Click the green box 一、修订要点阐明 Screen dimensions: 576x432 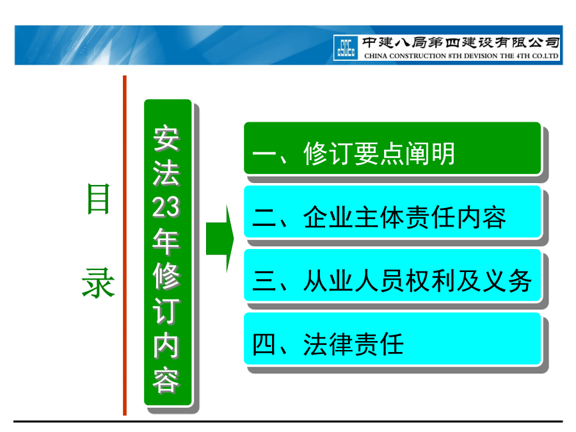tap(392, 148)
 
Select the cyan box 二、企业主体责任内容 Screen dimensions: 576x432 tap(392, 212)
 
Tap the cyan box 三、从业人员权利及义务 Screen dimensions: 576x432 tap(392, 275)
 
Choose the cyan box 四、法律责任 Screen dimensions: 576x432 tap(392, 339)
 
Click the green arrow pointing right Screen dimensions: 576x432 tap(220, 239)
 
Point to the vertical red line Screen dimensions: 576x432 tap(125, 245)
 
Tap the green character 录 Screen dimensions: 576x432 tap(98, 282)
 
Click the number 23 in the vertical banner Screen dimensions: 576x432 tap(166, 207)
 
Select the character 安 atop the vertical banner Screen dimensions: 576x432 tap(166, 138)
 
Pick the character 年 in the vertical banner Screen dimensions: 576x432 tap(166, 241)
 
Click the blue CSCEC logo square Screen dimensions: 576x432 tap(346, 48)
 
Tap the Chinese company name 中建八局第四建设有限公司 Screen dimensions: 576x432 tap(461, 43)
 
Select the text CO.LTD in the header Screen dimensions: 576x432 tap(545, 56)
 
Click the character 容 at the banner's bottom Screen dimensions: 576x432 tap(166, 380)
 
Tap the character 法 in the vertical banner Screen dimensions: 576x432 tap(166, 173)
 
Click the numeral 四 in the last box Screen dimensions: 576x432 tap(264, 344)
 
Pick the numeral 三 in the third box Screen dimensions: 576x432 tap(264, 281)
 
